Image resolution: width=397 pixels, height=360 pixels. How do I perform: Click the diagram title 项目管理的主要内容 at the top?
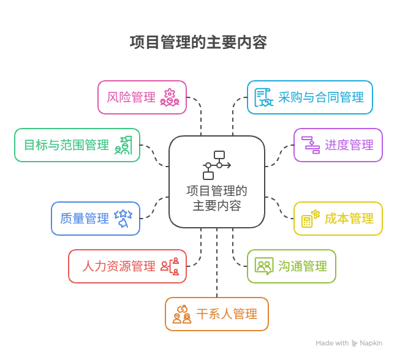198,42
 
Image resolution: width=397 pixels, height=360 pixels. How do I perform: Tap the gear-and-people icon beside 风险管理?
168,97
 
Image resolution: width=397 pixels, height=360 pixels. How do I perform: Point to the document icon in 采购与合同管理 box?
263,97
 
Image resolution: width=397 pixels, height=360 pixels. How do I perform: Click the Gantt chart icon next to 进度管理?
311,145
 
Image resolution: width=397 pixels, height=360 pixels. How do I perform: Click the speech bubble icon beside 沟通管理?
264,266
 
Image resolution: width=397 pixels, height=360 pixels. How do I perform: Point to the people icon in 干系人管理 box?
182,315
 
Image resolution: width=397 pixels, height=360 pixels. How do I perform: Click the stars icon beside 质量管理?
123,219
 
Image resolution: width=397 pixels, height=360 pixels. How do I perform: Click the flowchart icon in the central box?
217,165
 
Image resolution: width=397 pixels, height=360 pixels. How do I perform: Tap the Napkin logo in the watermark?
355,343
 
